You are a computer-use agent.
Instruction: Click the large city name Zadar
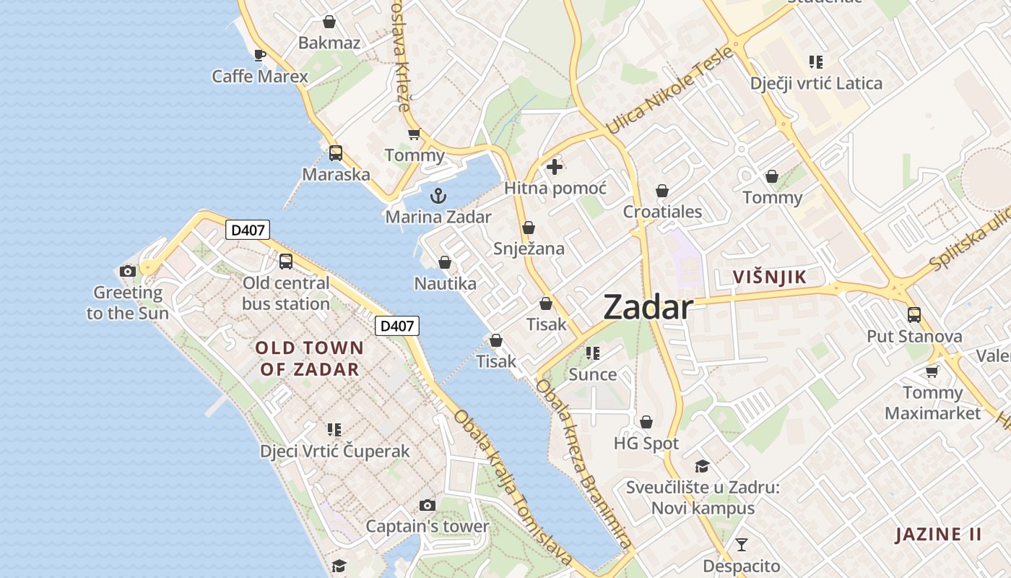point(648,308)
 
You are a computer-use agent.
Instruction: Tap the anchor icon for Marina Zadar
point(438,196)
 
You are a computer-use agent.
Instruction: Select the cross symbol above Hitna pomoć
point(555,168)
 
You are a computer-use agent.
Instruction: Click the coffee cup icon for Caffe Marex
point(260,55)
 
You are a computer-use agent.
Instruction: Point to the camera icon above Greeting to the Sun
point(128,272)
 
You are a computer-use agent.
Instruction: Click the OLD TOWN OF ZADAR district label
point(309,358)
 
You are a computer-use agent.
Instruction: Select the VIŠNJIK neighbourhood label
point(769,277)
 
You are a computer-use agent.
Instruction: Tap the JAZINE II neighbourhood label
point(938,535)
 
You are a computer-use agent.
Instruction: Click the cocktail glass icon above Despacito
point(742,545)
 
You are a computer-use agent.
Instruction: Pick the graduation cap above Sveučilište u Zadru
point(702,466)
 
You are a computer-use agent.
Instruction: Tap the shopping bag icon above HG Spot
point(646,422)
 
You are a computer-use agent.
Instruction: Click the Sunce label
point(592,374)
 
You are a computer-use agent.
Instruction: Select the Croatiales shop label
point(662,212)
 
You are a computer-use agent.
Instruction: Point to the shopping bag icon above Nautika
point(445,262)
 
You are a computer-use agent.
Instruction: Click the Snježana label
point(529,249)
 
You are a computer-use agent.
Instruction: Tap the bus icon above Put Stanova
point(914,315)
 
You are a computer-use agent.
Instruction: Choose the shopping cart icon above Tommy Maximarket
point(932,371)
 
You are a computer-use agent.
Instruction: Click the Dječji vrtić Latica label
point(816,83)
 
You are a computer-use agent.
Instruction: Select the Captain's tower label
point(428,526)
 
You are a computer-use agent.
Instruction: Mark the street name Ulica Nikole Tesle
point(669,91)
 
